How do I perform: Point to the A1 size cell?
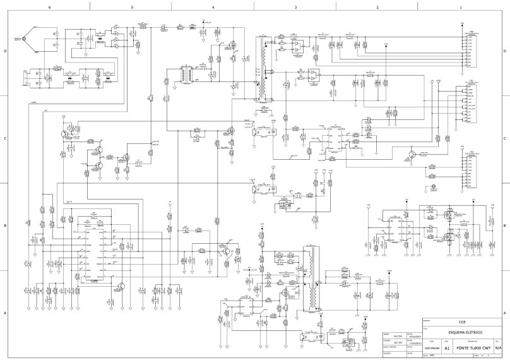447,348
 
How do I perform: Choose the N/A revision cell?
498,348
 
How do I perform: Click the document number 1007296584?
429,348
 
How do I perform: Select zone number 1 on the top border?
461,7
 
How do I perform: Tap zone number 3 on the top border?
295,7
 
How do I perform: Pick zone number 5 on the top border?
132,7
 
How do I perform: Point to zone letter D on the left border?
5,52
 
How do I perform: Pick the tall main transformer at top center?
259,69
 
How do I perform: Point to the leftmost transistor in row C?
64,133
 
